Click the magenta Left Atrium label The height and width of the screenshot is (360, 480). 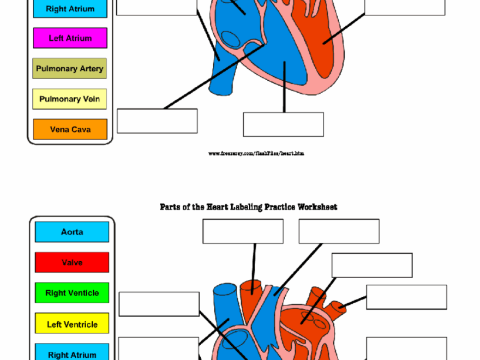[x=70, y=38]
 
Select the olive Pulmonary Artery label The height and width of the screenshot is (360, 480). [x=69, y=69]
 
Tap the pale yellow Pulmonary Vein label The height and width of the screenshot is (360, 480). [x=69, y=99]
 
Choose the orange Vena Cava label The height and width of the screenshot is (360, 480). [x=70, y=129]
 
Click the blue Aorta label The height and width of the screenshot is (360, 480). [x=72, y=232]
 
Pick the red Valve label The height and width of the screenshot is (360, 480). [x=72, y=262]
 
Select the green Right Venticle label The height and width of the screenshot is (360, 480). [x=72, y=293]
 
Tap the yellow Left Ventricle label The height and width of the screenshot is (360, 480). [x=72, y=324]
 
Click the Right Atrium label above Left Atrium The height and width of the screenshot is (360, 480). [x=70, y=9]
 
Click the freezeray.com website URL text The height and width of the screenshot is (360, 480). [x=256, y=154]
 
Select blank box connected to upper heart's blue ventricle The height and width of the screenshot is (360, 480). [x=283, y=124]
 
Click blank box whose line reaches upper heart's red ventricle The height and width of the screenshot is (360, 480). [x=404, y=7]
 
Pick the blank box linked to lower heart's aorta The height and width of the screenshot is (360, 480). [x=243, y=231]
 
